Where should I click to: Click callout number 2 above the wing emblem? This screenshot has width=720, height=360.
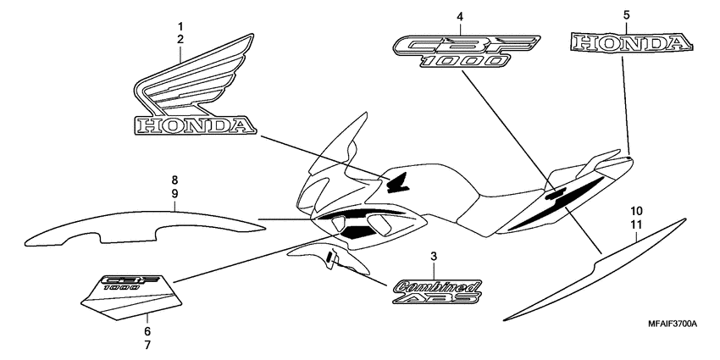[180, 40]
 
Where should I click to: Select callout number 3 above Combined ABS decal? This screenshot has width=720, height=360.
[434, 256]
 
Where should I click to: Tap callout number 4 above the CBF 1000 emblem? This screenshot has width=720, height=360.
[460, 16]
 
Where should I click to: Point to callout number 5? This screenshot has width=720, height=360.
[626, 15]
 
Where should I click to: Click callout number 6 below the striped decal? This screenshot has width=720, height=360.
[147, 331]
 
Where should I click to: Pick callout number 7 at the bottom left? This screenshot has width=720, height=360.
[147, 345]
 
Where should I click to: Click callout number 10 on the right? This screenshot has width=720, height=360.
[636, 209]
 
